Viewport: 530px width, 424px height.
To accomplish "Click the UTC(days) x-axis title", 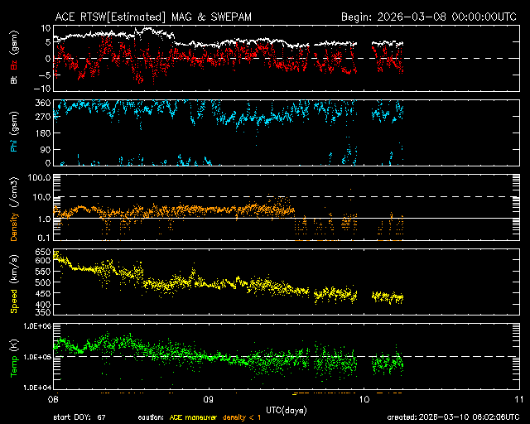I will click(x=286, y=408).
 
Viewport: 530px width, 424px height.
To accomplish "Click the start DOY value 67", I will click(x=101, y=417).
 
